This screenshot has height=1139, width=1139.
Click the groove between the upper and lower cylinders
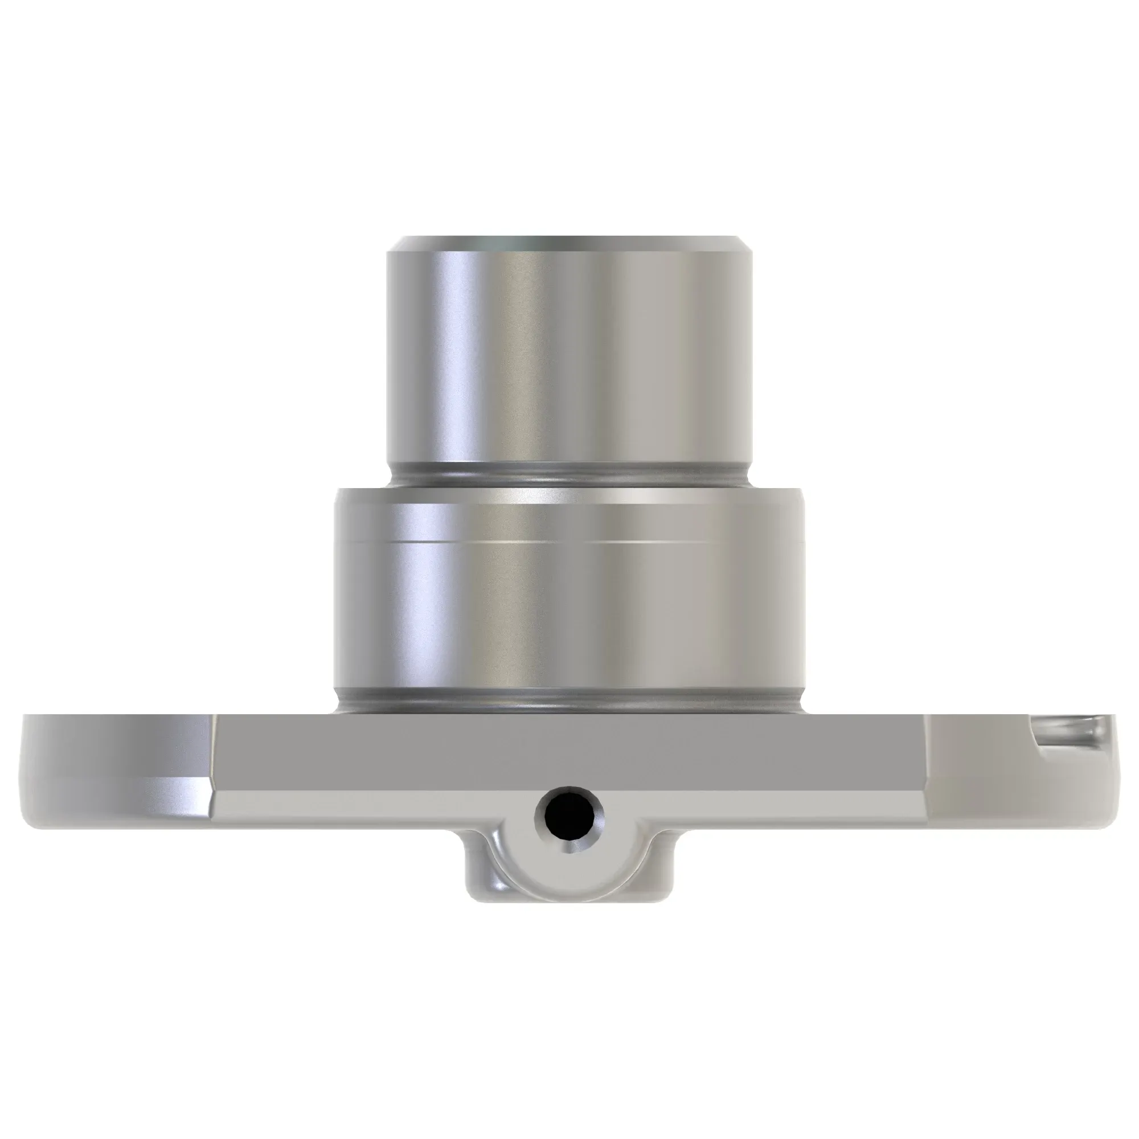[569, 476]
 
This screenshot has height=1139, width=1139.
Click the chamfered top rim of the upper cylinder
[569, 244]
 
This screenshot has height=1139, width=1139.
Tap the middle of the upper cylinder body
[569, 354]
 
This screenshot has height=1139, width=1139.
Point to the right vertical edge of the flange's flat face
[926, 755]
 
